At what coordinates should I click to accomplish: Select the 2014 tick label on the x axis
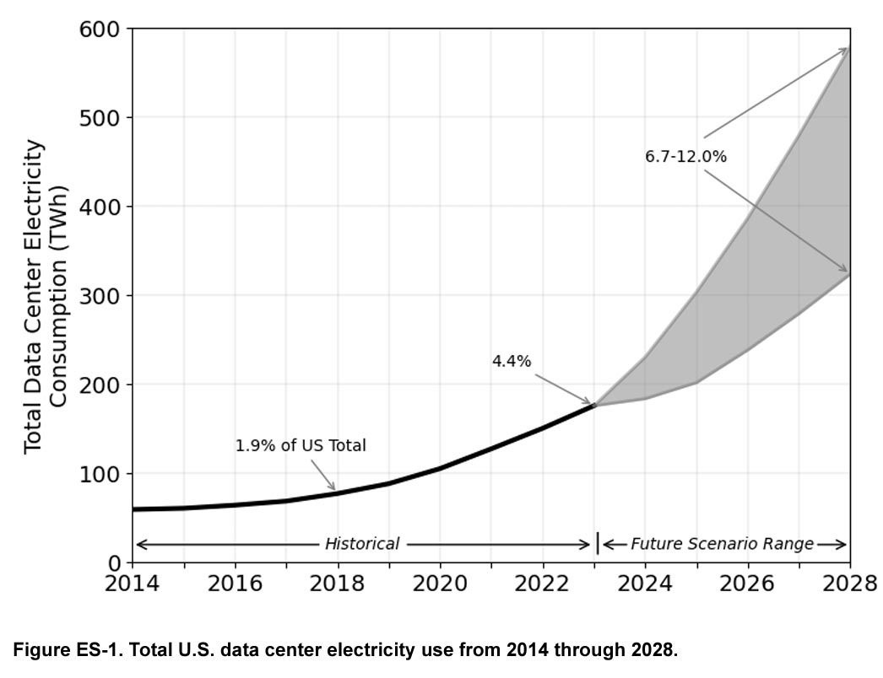click(x=132, y=584)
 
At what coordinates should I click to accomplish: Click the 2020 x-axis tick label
click(x=440, y=584)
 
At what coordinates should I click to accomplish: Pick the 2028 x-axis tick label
click(x=850, y=584)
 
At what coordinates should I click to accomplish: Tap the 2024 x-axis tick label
click(x=645, y=584)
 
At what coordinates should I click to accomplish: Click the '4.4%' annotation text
click(x=512, y=361)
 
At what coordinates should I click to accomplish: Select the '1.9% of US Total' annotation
click(x=301, y=445)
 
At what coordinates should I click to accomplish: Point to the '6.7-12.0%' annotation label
click(x=685, y=156)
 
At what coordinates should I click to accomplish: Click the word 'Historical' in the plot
click(x=362, y=544)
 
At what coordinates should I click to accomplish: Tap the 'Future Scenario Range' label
click(x=722, y=544)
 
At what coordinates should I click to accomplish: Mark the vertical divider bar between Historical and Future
click(x=598, y=544)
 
